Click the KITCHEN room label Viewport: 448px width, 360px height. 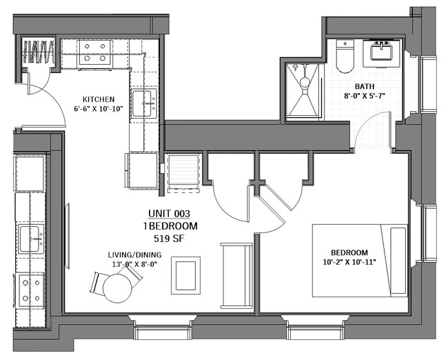[x=99, y=99]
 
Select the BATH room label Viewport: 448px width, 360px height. [x=365, y=87]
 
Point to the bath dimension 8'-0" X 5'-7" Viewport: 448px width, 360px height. [x=365, y=97]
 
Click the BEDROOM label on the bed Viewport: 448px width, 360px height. [x=349, y=252]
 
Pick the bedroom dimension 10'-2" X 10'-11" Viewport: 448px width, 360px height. [x=349, y=262]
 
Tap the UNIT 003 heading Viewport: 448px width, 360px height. [x=169, y=214]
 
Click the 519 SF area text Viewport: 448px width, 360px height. [x=169, y=238]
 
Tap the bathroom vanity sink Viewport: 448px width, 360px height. [x=381, y=52]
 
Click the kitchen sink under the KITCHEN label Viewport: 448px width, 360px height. [x=143, y=103]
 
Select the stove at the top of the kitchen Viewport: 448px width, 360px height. [x=95, y=53]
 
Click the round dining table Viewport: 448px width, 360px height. [x=118, y=288]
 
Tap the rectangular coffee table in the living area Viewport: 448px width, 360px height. [x=185, y=274]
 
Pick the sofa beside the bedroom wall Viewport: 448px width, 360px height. [x=236, y=275]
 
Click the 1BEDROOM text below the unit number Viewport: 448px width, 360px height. [x=169, y=226]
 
